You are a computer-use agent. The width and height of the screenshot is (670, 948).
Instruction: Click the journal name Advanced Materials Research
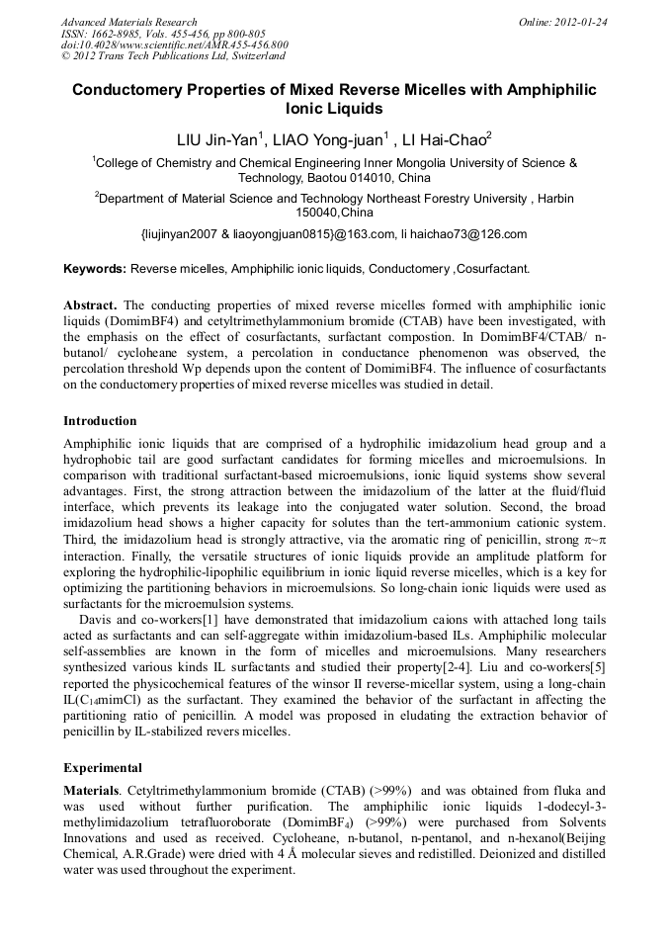[x=128, y=22]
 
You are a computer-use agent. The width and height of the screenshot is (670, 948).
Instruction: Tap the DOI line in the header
[x=174, y=44]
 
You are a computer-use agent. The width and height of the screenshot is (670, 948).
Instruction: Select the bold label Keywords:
[x=95, y=268]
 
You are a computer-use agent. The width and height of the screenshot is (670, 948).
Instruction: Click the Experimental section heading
[x=103, y=767]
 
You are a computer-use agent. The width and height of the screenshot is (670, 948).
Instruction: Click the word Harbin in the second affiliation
[x=556, y=199]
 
